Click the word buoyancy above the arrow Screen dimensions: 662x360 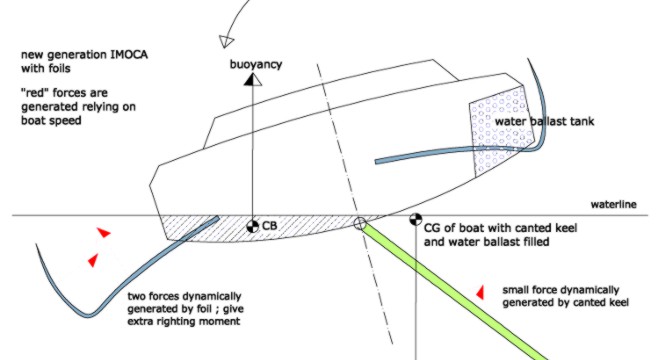point(255,65)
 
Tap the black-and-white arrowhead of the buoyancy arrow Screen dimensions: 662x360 point(252,79)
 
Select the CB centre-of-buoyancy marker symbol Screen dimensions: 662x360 point(252,226)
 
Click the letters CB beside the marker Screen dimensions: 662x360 point(269,226)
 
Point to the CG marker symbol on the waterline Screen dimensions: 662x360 point(415,219)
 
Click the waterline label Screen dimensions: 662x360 point(613,205)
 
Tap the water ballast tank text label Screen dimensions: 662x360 point(544,122)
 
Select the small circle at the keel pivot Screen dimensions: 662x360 point(359,224)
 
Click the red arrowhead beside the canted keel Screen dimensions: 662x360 point(480,292)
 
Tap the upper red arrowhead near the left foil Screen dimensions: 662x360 point(104,232)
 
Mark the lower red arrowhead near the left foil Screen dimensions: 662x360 point(93,260)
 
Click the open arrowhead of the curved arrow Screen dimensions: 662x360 point(226,41)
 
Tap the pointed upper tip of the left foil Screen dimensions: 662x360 point(36,245)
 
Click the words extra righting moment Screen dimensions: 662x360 point(184,321)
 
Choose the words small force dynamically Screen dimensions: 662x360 point(561,290)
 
